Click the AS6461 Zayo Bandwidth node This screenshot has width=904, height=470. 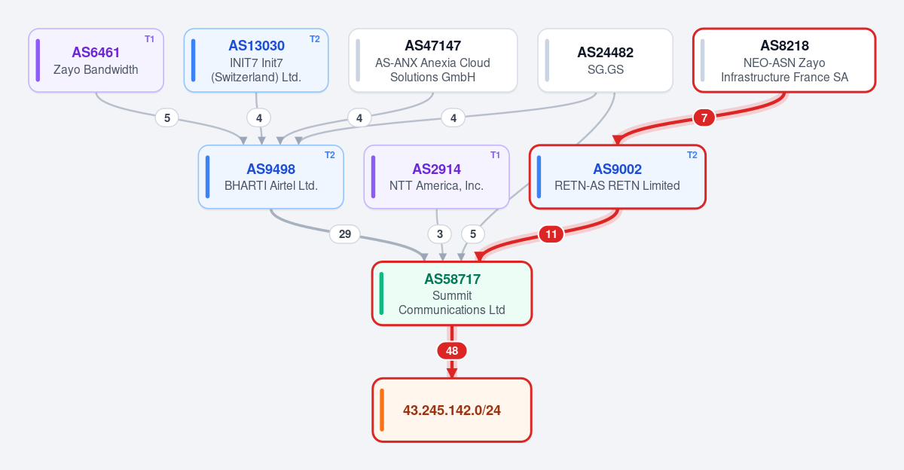(x=96, y=60)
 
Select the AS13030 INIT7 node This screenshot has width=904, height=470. (x=256, y=60)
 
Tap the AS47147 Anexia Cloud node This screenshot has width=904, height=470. (x=433, y=60)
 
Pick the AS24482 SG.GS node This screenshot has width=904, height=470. (x=606, y=60)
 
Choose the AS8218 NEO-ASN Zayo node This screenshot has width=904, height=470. (x=784, y=60)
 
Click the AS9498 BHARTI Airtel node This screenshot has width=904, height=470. (x=270, y=177)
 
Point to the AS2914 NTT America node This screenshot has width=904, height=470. (x=436, y=177)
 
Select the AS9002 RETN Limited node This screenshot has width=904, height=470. (x=618, y=177)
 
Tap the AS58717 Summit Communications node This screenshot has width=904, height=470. (x=452, y=294)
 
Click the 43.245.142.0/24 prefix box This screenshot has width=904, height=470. (x=452, y=410)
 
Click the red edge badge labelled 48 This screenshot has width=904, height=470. (x=452, y=350)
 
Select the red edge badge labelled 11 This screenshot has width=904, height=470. (x=551, y=234)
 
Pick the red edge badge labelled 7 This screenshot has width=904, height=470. (x=704, y=117)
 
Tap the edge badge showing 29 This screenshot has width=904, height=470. (x=345, y=234)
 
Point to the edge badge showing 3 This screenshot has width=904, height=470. (x=440, y=234)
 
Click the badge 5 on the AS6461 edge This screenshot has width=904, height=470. (x=167, y=117)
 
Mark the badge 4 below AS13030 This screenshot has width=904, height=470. (x=259, y=117)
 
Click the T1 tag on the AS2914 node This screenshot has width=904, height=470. (x=495, y=155)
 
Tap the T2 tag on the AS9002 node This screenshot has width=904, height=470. (x=692, y=155)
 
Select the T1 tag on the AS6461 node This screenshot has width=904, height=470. (x=149, y=39)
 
